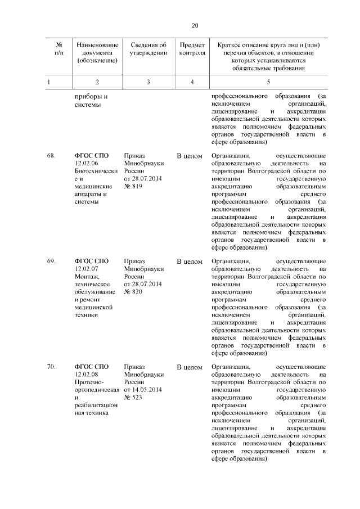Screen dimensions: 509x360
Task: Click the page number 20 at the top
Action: (195, 25)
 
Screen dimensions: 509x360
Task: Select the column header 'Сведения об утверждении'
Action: (148, 49)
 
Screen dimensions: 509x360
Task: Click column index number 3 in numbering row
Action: (148, 82)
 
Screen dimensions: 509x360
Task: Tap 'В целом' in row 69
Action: (190, 262)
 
